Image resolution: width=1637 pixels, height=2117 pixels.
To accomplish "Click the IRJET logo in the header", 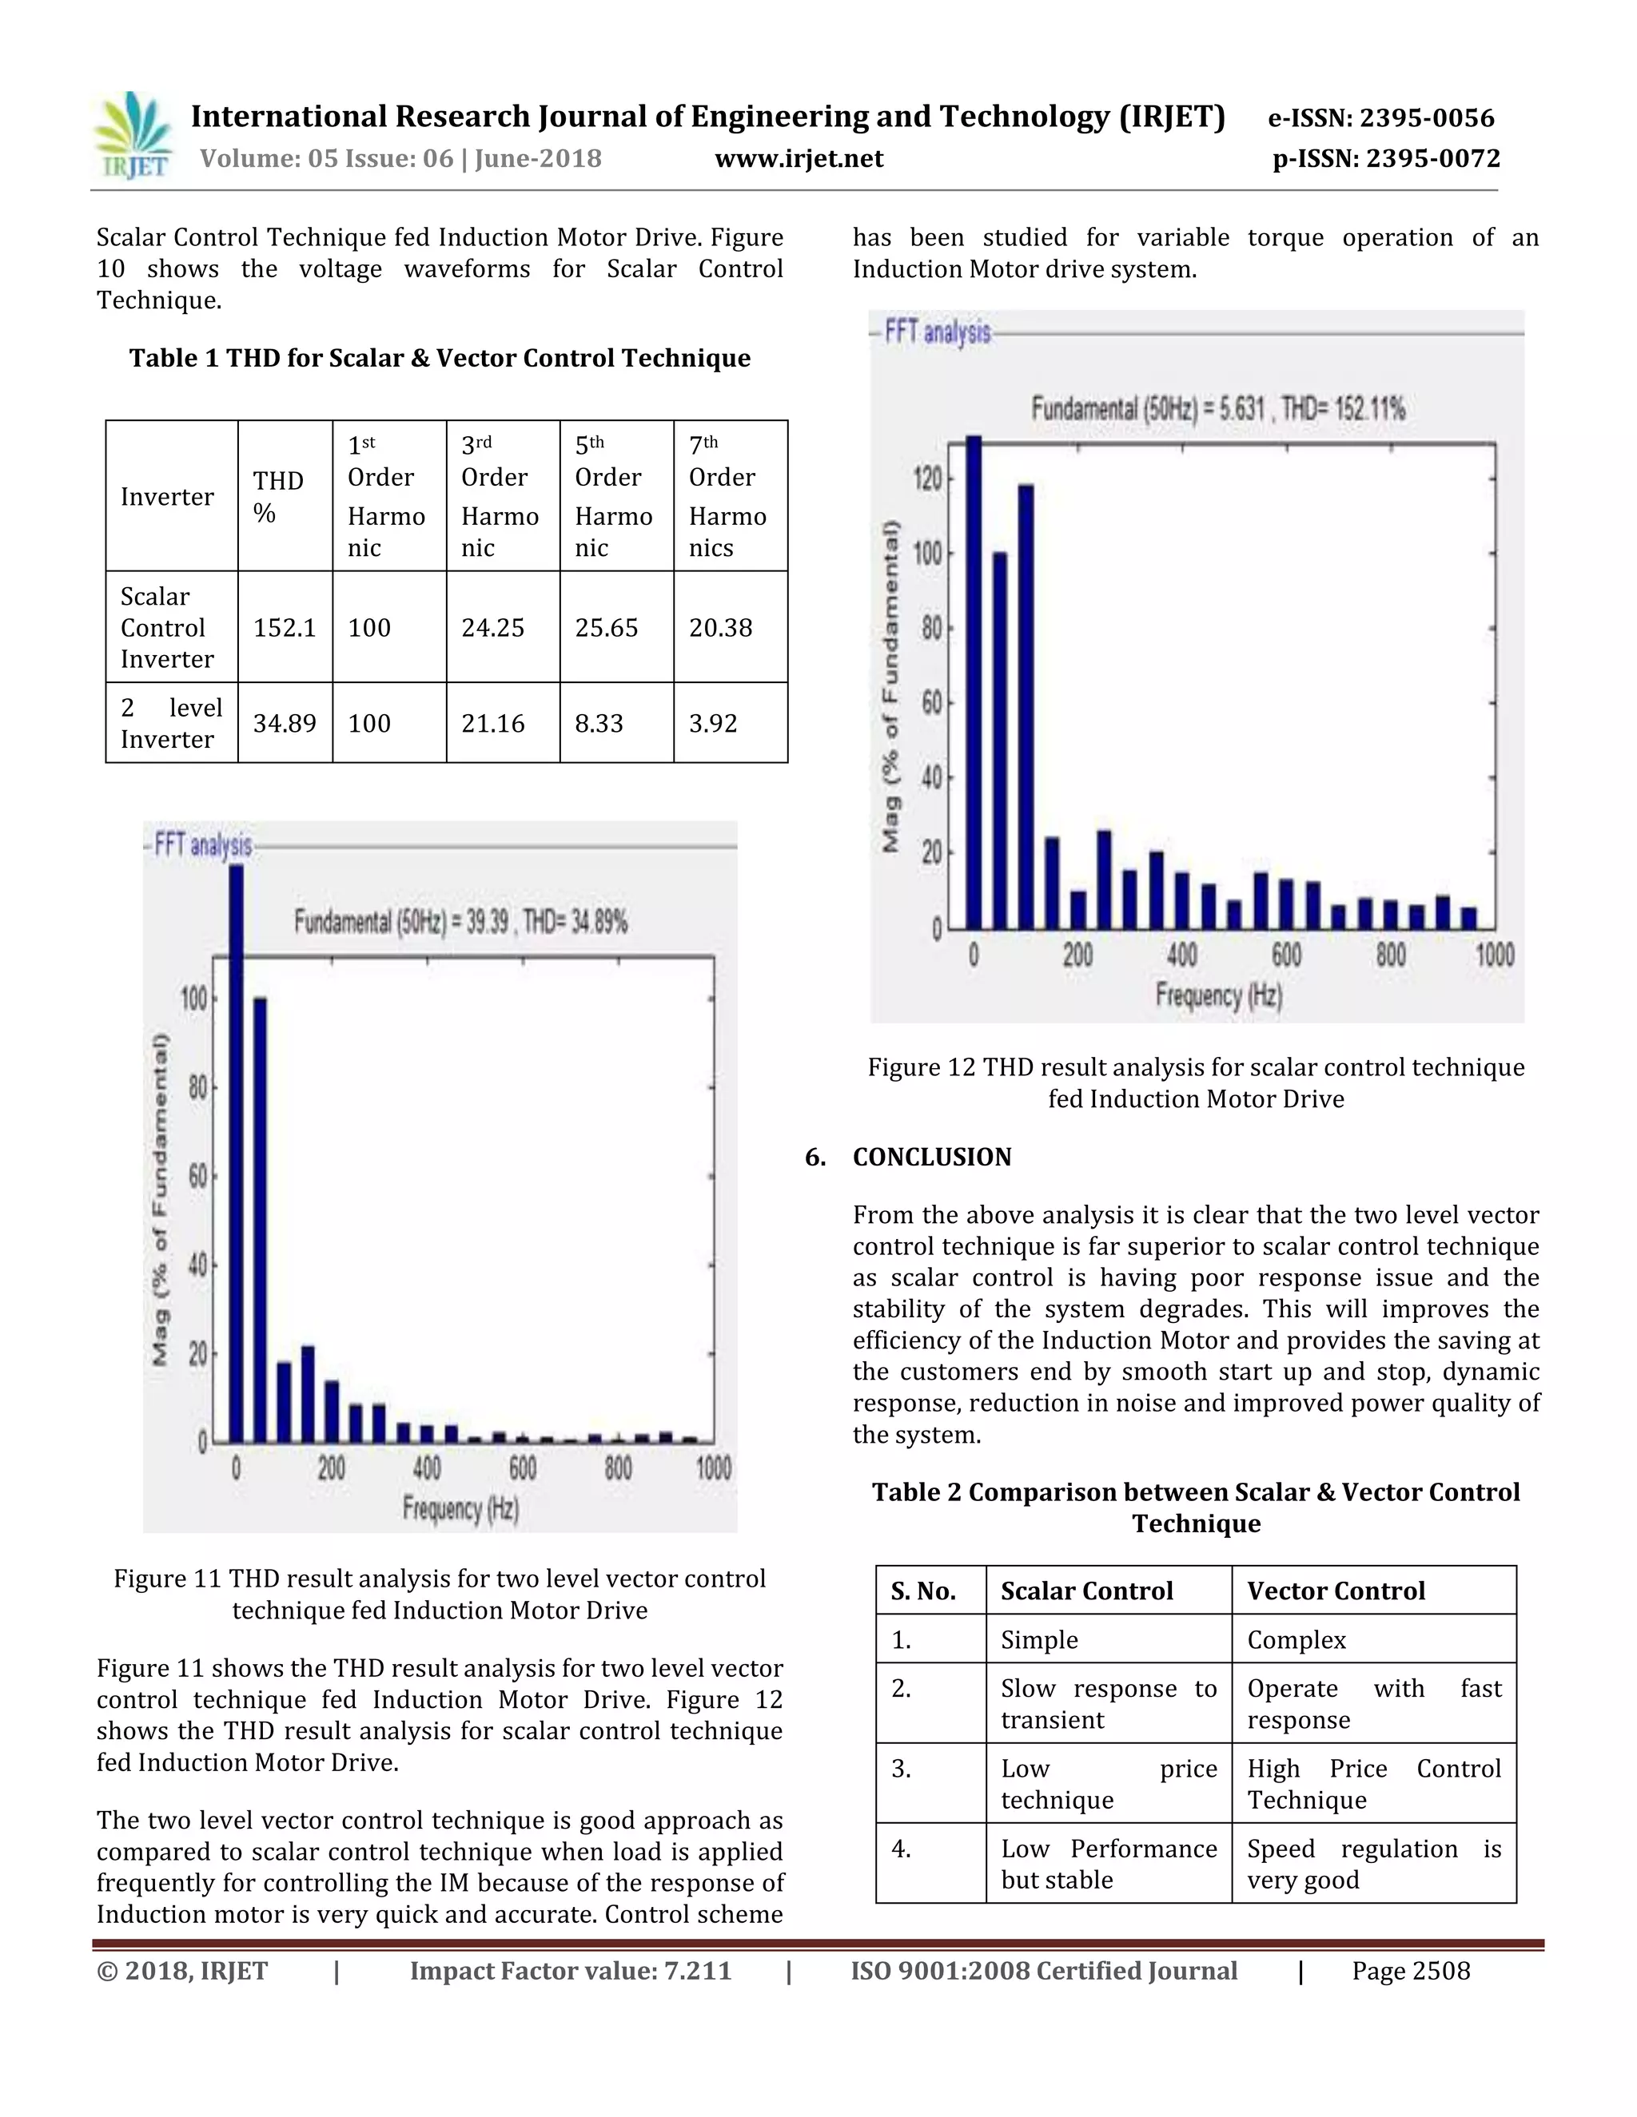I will click(x=133, y=136).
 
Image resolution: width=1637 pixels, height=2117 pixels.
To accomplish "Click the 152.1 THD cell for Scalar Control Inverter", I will click(x=284, y=627).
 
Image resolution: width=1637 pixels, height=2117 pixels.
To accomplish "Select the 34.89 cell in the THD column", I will click(x=284, y=723).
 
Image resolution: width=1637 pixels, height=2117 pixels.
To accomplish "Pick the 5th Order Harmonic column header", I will click(x=614, y=495).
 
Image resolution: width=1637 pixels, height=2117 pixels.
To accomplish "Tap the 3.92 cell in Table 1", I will click(x=713, y=723).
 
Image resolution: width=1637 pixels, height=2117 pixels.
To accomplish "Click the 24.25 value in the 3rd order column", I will click(x=492, y=627).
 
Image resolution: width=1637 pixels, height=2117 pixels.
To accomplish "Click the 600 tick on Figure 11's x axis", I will click(x=523, y=1468).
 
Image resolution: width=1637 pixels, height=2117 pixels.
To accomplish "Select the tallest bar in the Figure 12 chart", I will click(x=974, y=682).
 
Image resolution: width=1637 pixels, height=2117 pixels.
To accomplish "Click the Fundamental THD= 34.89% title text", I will click(x=460, y=921).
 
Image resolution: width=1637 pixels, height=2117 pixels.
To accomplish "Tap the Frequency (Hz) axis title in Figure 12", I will click(x=1218, y=995).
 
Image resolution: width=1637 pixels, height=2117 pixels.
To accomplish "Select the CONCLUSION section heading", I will click(x=931, y=1157).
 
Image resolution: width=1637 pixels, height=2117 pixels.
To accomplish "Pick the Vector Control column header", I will click(x=1336, y=1591).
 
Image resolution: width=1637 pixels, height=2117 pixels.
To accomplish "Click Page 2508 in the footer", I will click(x=1410, y=1971).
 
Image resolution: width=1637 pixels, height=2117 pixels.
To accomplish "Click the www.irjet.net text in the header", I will click(x=799, y=159).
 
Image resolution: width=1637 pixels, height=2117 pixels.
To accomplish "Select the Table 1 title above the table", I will click(x=440, y=358).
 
